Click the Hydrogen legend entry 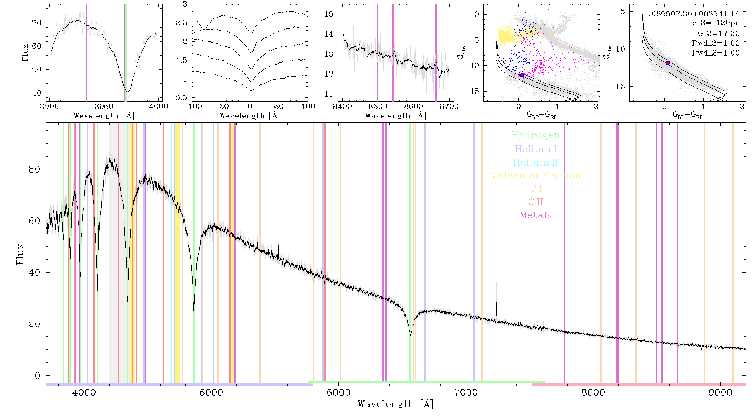(x=535, y=135)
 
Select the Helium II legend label (x=535, y=162)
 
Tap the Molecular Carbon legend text (x=536, y=176)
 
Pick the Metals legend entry (x=536, y=215)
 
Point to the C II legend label (x=536, y=202)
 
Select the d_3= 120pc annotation (x=716, y=23)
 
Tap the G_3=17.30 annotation (x=719, y=33)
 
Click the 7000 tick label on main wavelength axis (x=466, y=393)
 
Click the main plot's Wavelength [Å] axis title (x=396, y=404)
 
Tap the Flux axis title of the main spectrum (x=20, y=254)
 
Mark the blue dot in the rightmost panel (x=668, y=63)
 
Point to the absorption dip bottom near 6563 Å (x=410, y=334)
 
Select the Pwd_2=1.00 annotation (x=716, y=53)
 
